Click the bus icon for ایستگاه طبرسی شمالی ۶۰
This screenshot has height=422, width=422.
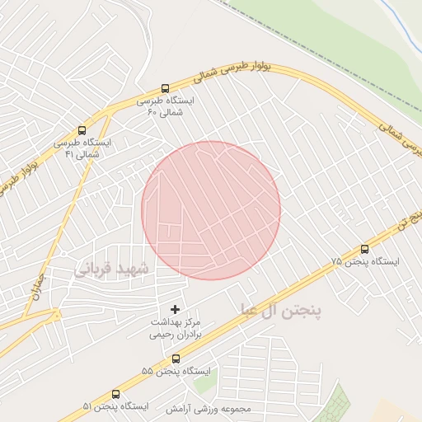pyautogui.click(x=165, y=88)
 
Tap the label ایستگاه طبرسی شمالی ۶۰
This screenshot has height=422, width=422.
pyautogui.click(x=166, y=106)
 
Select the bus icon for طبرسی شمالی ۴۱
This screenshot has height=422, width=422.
pyautogui.click(x=82, y=129)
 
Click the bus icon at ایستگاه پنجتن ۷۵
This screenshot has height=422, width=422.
pyautogui.click(x=365, y=249)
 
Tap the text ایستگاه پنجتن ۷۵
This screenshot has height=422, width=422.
pyautogui.click(x=365, y=261)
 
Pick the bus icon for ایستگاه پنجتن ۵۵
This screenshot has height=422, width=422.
pyautogui.click(x=176, y=359)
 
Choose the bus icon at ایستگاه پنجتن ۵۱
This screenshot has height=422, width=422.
pyautogui.click(x=115, y=394)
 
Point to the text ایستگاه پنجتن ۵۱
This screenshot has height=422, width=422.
pyautogui.click(x=115, y=407)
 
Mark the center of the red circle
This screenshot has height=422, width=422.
pyautogui.click(x=211, y=210)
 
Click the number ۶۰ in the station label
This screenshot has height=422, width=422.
pyautogui.click(x=152, y=112)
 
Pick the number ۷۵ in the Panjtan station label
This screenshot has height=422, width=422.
pyautogui.click(x=336, y=261)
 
